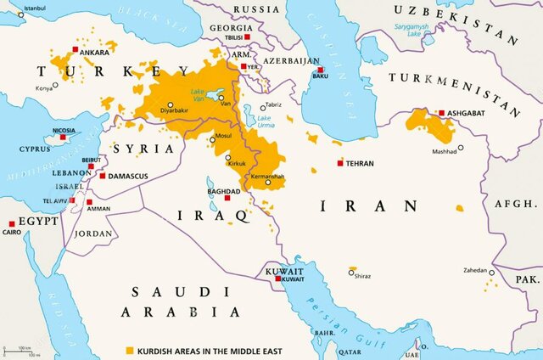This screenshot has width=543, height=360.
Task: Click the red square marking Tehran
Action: coord(340,162)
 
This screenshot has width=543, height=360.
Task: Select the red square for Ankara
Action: coord(84,52)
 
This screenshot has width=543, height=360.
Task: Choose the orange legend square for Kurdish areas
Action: coord(130,350)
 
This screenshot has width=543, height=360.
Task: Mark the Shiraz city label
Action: coord(363,276)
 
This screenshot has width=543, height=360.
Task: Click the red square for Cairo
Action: coord(11,223)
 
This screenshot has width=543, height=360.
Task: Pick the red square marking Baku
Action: coord(320,69)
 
